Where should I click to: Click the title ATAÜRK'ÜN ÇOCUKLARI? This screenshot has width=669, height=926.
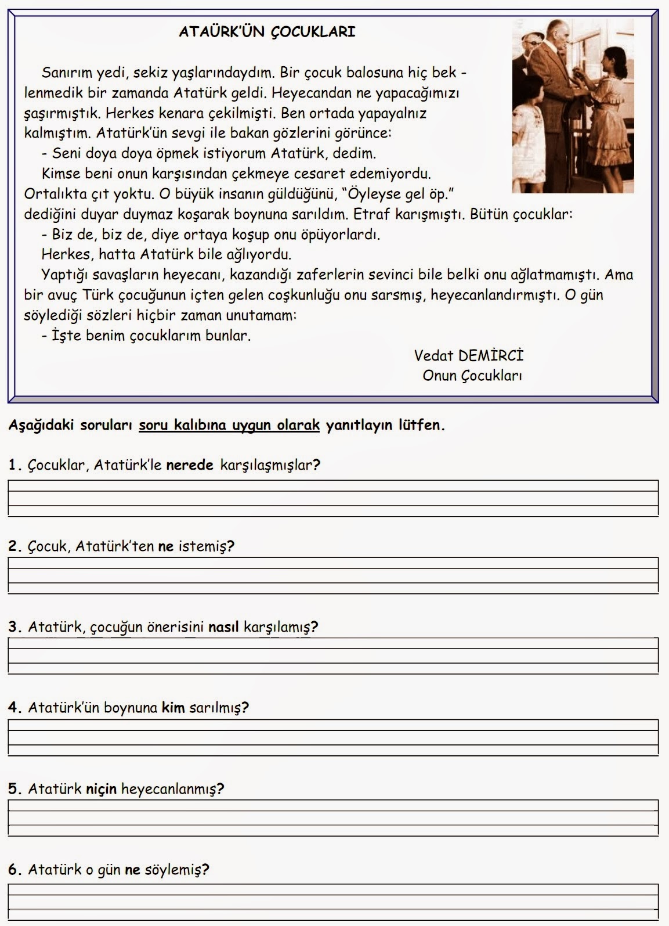[267, 32]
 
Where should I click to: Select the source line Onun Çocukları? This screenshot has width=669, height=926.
[472, 376]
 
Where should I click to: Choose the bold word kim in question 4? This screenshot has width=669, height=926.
[172, 708]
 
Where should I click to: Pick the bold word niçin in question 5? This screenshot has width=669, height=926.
[102, 789]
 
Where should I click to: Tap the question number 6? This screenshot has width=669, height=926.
[15, 870]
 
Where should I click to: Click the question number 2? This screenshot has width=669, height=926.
[15, 546]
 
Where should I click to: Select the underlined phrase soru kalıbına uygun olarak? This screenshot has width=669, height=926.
[230, 426]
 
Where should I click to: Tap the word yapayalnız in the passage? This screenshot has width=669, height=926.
[396, 113]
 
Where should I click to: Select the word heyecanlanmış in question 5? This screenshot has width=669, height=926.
[172, 789]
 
